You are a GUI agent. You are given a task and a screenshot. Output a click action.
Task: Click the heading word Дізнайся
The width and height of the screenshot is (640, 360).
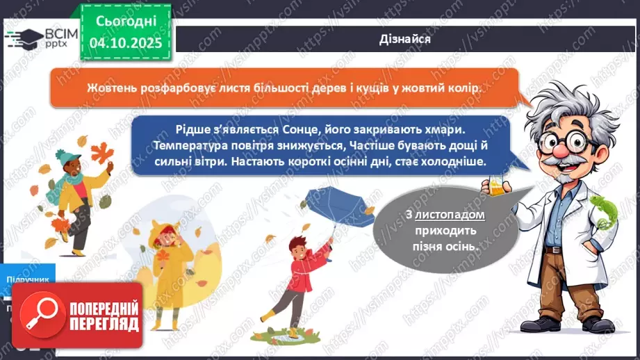pos(407,39)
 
